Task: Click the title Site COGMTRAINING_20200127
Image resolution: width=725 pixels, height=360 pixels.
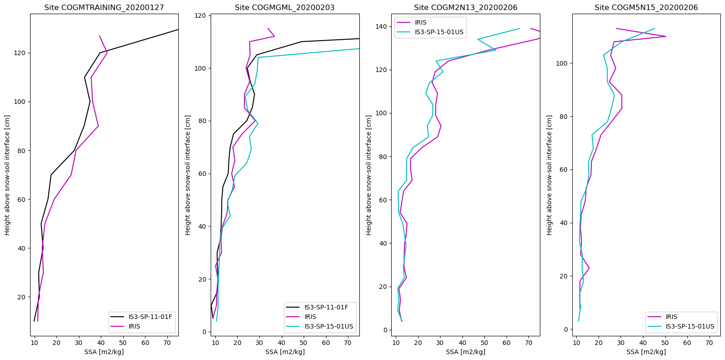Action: (104, 8)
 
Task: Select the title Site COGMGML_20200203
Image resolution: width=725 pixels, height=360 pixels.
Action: (285, 8)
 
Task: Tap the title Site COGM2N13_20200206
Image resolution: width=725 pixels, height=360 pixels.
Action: (466, 8)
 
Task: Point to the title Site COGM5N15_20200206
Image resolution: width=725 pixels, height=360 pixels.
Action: (646, 8)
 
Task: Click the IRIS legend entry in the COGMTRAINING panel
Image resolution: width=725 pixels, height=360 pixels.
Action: (134, 326)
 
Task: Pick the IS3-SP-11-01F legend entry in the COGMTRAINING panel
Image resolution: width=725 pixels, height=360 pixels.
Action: (150, 317)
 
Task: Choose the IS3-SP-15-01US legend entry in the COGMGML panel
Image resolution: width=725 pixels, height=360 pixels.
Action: (328, 326)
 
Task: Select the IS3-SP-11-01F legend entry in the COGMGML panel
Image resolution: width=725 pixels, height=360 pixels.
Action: (326, 307)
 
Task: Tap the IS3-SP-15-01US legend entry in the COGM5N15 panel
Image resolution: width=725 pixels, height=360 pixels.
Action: (689, 326)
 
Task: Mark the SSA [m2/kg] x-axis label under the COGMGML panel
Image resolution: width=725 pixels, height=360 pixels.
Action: (285, 352)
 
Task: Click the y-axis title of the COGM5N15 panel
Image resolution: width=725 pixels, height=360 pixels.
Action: (549, 175)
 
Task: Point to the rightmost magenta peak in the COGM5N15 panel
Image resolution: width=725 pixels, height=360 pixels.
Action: (666, 36)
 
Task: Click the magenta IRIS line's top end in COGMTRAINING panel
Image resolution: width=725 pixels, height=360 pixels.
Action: (99, 36)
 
